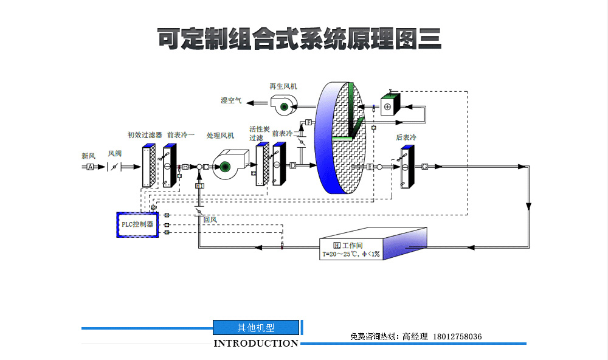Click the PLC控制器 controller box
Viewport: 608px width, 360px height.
(137, 224)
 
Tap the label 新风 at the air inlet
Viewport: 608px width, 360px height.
(89, 156)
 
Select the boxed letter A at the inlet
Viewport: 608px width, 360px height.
(90, 167)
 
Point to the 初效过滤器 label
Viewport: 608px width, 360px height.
(145, 135)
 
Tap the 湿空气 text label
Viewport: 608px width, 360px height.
(231, 100)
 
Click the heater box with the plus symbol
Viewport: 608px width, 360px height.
(388, 106)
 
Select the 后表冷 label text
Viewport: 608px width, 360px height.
(406, 138)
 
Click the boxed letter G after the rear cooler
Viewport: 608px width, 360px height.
(424, 166)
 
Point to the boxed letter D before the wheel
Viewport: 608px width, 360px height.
(292, 165)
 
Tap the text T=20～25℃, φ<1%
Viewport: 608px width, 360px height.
(351, 254)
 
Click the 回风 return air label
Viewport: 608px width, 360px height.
(210, 219)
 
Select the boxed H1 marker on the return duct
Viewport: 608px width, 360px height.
(199, 185)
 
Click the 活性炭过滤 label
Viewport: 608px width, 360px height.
(259, 133)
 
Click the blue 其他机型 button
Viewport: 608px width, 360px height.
(256, 328)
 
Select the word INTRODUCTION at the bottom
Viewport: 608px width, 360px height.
(256, 344)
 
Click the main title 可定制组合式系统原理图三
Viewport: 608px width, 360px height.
(299, 39)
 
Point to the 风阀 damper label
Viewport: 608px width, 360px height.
(115, 154)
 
